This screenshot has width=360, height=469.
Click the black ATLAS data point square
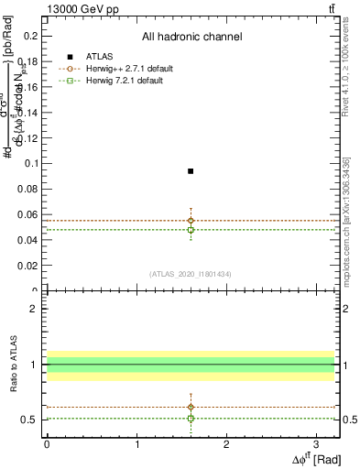[x=191, y=171]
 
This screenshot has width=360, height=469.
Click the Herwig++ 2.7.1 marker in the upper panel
[x=191, y=220]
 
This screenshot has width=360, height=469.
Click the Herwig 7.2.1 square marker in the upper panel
[x=191, y=230]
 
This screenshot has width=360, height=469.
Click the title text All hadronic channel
[x=191, y=37]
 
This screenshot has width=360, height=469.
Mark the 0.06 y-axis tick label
[x=32, y=214]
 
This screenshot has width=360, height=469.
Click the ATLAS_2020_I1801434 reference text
[x=191, y=274]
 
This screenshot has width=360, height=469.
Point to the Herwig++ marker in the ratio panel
[x=191, y=407]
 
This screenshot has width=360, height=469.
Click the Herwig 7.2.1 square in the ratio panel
[x=191, y=418]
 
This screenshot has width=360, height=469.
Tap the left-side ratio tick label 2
[x=33, y=309]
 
